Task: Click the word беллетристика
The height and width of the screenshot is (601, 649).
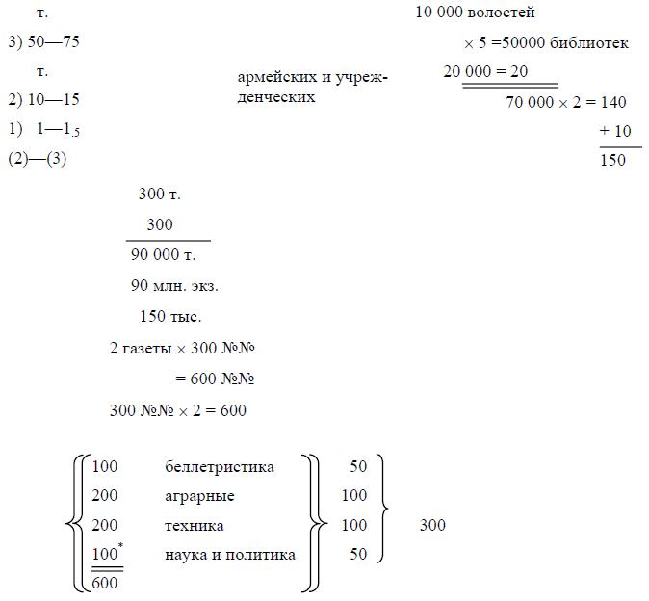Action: pos(220,467)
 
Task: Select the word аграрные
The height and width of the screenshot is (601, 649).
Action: pos(199,496)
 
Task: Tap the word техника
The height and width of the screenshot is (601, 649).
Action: pos(195,526)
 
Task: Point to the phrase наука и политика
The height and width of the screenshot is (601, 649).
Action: pos(230,555)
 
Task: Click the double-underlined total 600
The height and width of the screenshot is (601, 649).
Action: pos(106,584)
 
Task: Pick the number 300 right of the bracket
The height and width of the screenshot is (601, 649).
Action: pos(432,526)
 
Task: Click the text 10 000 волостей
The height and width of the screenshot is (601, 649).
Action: pos(475,13)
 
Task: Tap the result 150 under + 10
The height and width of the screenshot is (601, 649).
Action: pos(612,160)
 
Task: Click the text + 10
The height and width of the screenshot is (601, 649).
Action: pos(614,131)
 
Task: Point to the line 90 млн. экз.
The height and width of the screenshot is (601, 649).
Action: pos(174,286)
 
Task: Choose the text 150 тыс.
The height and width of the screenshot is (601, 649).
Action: pos(170,317)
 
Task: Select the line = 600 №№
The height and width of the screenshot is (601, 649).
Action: pos(214,379)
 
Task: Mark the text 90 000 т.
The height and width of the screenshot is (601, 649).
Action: pos(163,255)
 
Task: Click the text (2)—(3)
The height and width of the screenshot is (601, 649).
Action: pos(37,160)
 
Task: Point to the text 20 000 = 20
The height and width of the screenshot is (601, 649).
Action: pos(485,72)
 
